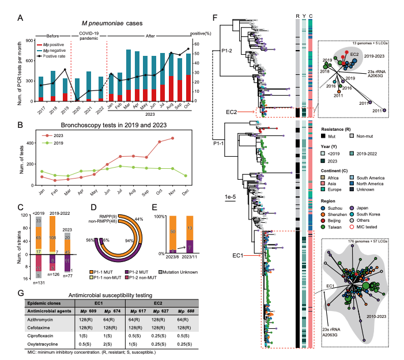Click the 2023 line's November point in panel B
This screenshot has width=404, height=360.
[x=188, y=138]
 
